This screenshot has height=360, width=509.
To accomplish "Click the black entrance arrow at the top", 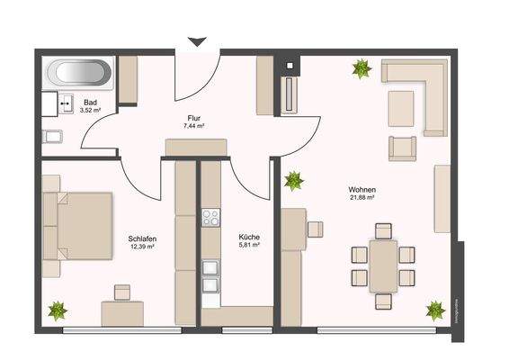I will coord(197,41).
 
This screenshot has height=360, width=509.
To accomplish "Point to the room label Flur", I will coord(193,118).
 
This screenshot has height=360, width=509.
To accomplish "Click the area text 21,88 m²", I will coord(362,198).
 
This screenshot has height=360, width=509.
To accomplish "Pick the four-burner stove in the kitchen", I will coord(211,217).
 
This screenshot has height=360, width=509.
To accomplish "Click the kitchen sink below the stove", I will coord(211,274).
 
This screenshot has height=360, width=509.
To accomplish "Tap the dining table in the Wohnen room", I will coord(382,264).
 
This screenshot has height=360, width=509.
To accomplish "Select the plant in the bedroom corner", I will coord(58,311).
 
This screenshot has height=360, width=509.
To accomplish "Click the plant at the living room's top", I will coord(362,67).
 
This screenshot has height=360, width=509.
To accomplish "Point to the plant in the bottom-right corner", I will coord(435,310).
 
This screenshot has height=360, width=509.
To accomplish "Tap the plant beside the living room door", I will coord(293,181).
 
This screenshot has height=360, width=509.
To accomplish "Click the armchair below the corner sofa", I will coord(404,147).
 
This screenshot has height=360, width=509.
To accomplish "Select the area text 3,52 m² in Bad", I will coord(90,110).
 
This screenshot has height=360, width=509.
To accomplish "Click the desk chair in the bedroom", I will coord(121,292).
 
